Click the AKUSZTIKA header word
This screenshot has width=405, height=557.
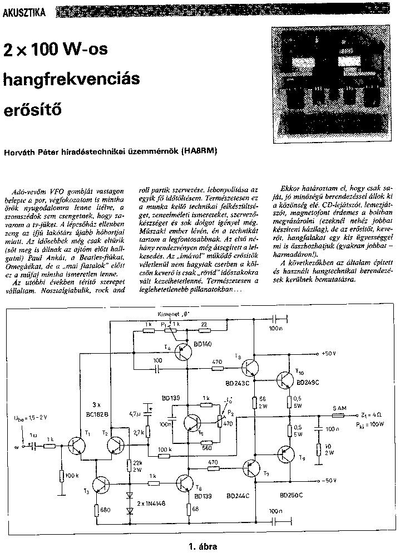(25, 11)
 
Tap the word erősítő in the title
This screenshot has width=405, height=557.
(33, 109)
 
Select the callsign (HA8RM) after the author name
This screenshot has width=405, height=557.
(199, 151)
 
